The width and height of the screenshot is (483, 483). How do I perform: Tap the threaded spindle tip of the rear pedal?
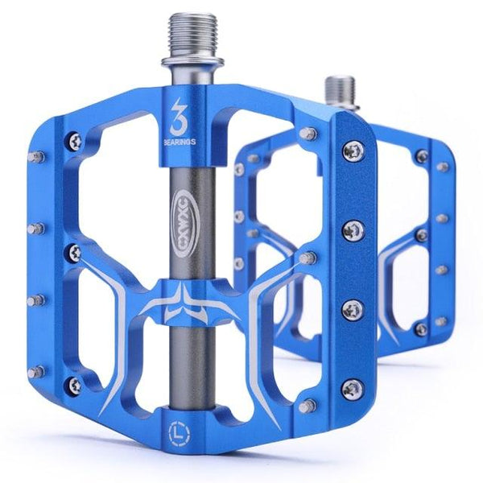point(337,89)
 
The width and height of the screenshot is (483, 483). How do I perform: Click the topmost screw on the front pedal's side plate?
point(352,149)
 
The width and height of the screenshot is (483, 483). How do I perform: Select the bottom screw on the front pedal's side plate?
point(351,389)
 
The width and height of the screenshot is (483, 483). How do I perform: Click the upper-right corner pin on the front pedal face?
point(307,133)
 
